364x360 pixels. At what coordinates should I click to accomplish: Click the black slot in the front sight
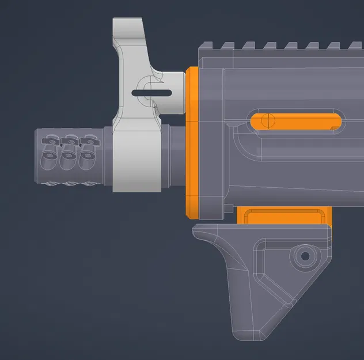pyautogui.click(x=151, y=92)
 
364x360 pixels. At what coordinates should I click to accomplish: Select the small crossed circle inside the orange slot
pyautogui.click(x=266, y=121)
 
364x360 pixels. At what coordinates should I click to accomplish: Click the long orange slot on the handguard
pyautogui.click(x=294, y=122)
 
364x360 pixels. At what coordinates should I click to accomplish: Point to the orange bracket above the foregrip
pyautogui.click(x=285, y=215)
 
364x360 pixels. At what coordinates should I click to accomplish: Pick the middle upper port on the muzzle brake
pyautogui.click(x=70, y=140)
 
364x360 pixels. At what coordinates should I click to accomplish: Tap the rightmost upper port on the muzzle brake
pyautogui.click(x=87, y=140)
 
